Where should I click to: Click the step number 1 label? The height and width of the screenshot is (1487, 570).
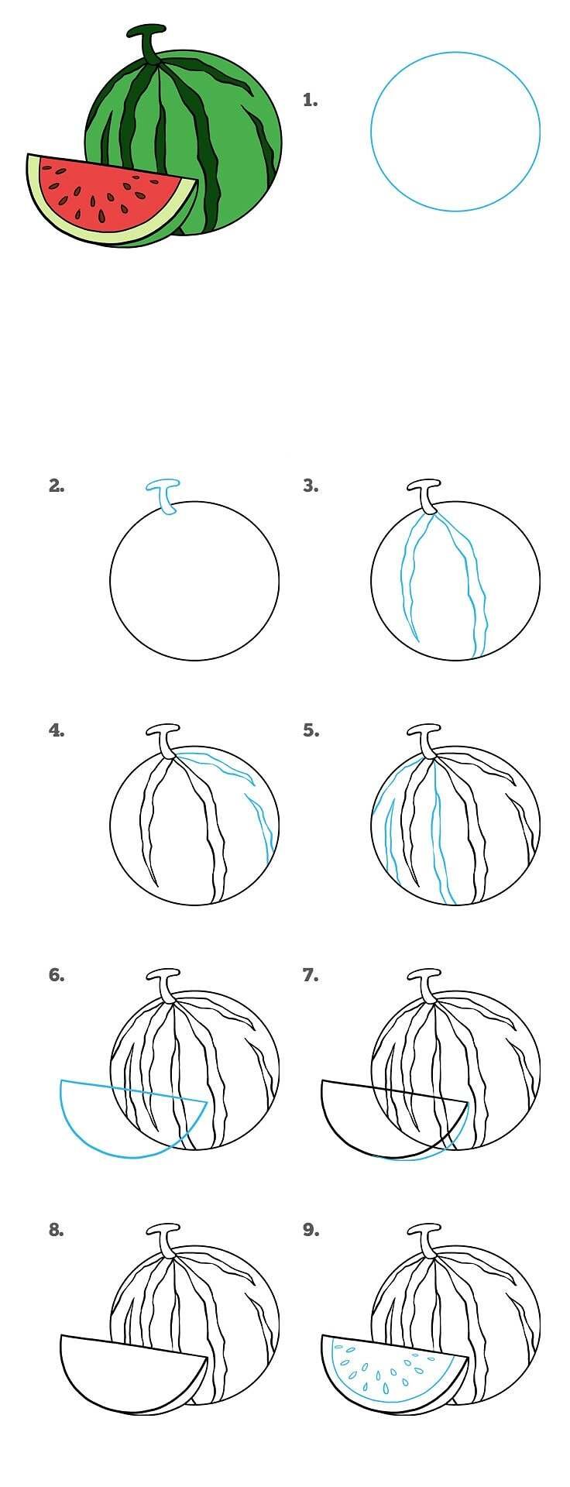pyautogui.click(x=311, y=100)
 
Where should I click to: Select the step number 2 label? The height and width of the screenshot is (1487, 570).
pyautogui.click(x=57, y=486)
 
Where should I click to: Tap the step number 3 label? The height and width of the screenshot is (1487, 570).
pyautogui.click(x=311, y=486)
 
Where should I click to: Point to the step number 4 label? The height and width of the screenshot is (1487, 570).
pyautogui.click(x=57, y=730)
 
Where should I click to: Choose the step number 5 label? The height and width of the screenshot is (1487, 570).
pyautogui.click(x=311, y=730)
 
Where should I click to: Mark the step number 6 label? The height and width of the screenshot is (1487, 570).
pyautogui.click(x=57, y=975)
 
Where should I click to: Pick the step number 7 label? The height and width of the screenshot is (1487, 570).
pyautogui.click(x=311, y=975)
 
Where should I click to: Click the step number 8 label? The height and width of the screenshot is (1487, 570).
pyautogui.click(x=57, y=1229)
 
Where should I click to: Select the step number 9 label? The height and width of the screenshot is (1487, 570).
pyautogui.click(x=311, y=1229)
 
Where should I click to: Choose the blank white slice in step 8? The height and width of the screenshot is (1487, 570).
pyautogui.click(x=132, y=1371)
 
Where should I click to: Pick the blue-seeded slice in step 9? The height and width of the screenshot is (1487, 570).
pyautogui.click(x=387, y=1371)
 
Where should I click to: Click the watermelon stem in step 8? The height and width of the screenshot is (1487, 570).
pyautogui.click(x=165, y=1240)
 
